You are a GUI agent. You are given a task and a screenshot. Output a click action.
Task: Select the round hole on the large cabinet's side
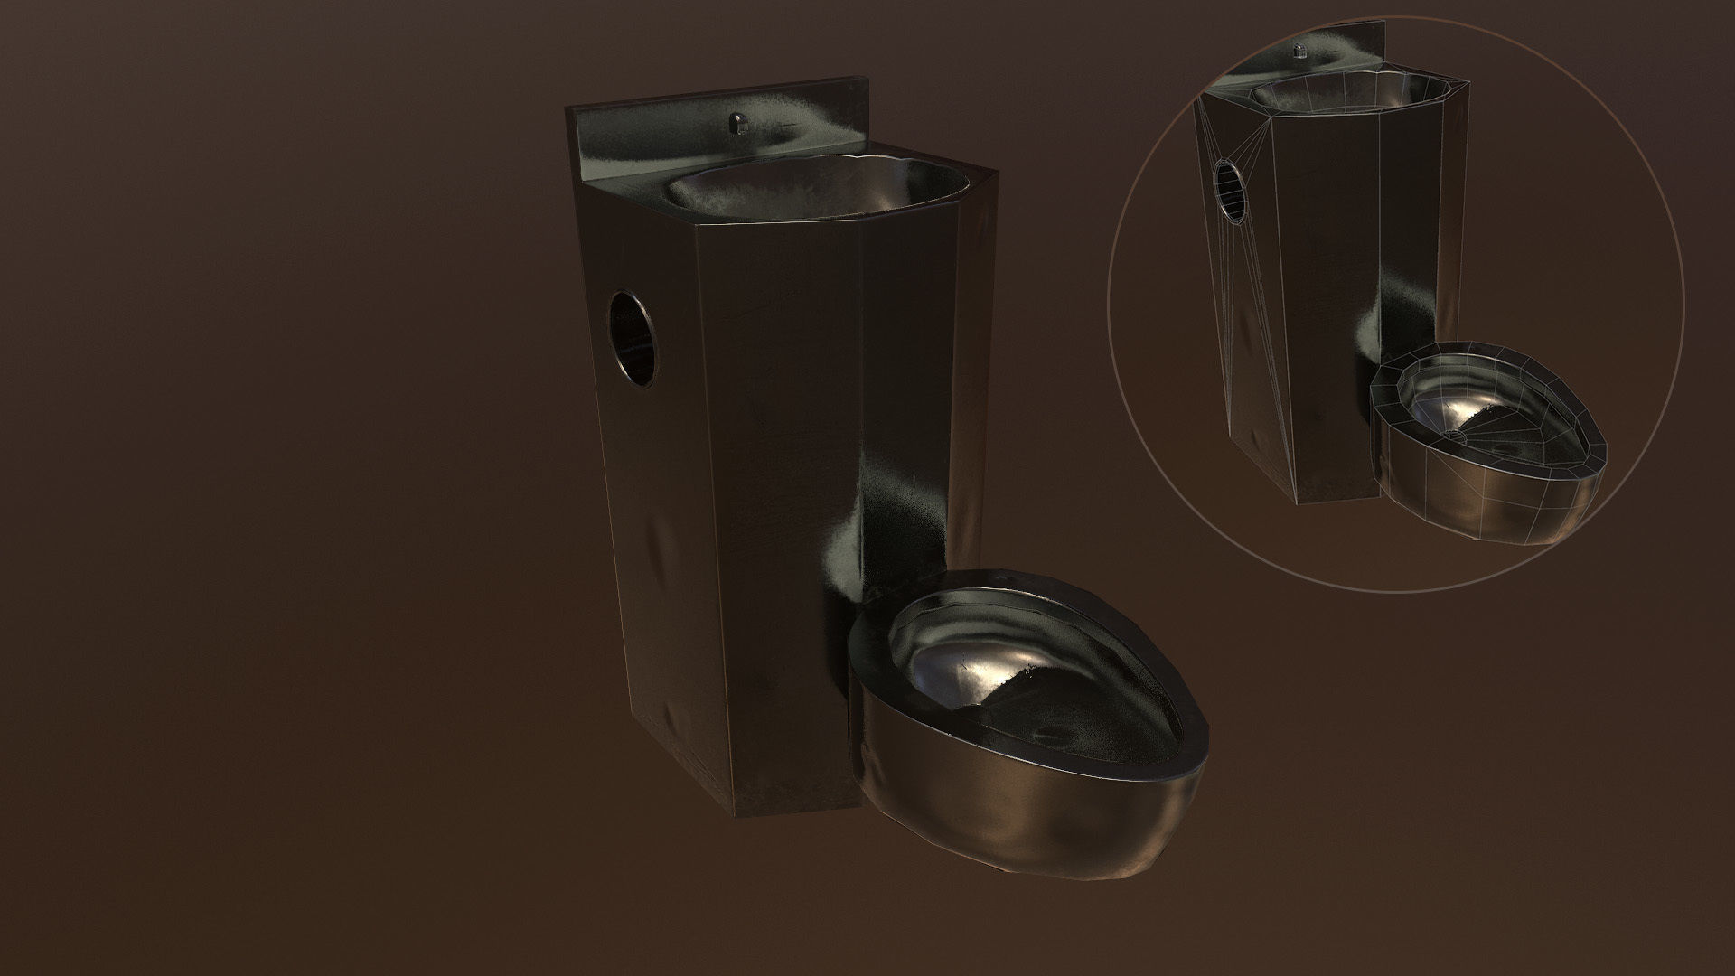click(635, 339)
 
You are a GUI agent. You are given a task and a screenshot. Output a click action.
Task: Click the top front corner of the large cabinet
click(697, 221)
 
